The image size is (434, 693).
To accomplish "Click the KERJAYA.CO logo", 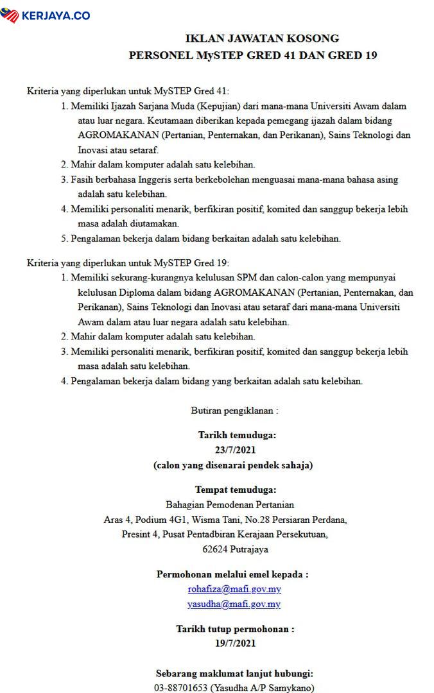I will (x=46, y=15).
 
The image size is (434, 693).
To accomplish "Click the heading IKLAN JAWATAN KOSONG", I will (x=253, y=38).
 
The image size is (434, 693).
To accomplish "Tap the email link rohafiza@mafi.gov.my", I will (x=234, y=588).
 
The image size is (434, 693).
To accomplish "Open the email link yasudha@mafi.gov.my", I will (x=234, y=604).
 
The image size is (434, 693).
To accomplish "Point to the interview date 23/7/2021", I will (x=236, y=450).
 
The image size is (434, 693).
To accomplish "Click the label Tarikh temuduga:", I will (x=236, y=434).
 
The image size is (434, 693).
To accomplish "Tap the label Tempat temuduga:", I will (x=236, y=490).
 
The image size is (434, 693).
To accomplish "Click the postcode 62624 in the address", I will (x=216, y=549).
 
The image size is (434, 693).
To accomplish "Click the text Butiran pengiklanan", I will (x=234, y=409).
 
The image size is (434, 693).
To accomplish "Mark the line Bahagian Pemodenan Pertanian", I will (x=229, y=504).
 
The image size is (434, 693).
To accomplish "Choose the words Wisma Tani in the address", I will (x=247, y=519).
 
